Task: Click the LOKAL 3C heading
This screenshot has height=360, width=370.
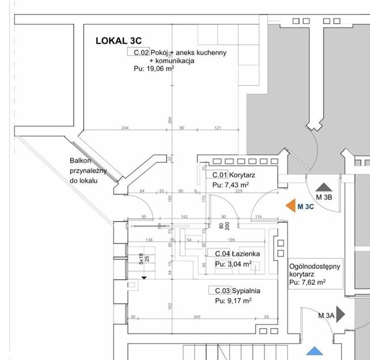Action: (118, 40)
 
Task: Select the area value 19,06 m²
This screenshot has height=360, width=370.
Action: (160, 68)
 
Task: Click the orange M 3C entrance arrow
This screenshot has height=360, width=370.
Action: (291, 206)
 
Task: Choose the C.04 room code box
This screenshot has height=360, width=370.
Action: (218, 254)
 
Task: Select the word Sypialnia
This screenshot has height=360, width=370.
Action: (246, 291)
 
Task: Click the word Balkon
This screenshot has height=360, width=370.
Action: (80, 161)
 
